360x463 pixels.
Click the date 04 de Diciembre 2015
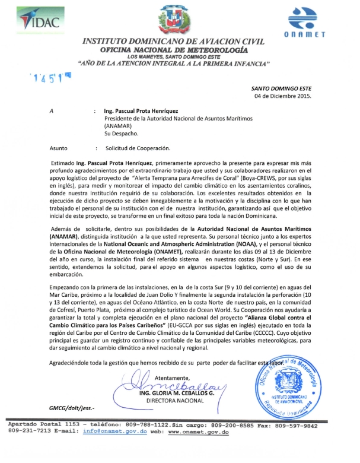282,96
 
